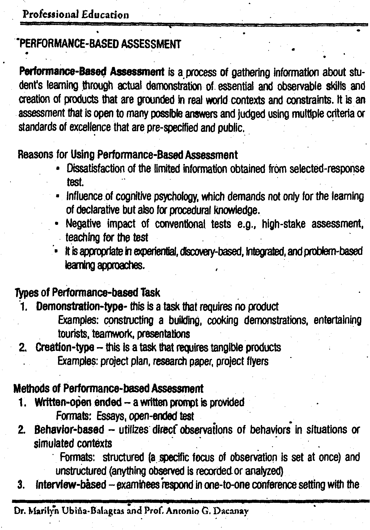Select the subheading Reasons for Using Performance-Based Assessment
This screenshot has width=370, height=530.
click(128, 154)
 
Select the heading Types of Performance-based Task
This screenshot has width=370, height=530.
click(87, 292)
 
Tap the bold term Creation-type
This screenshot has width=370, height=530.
click(65, 347)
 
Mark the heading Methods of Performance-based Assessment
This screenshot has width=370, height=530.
click(108, 388)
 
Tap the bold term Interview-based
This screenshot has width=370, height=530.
click(71, 485)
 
